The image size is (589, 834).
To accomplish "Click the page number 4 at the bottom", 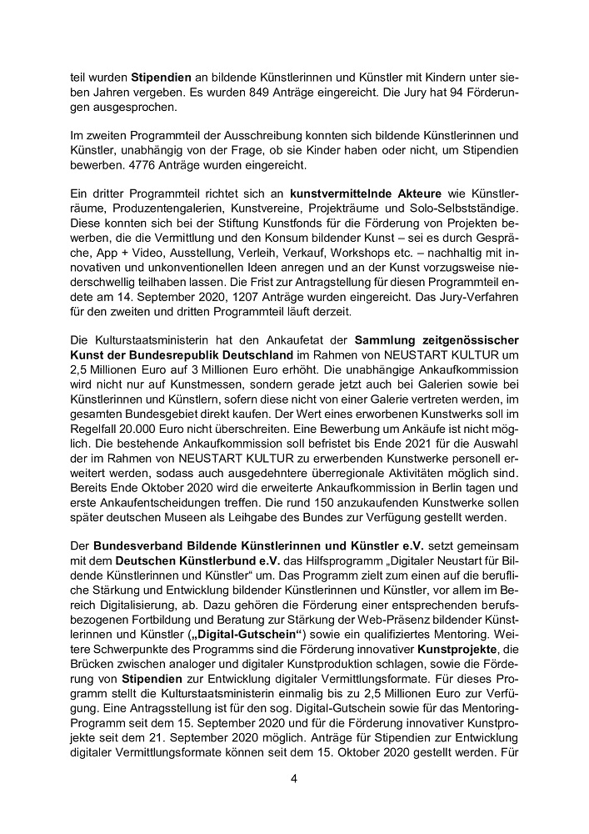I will [x=293, y=779].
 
